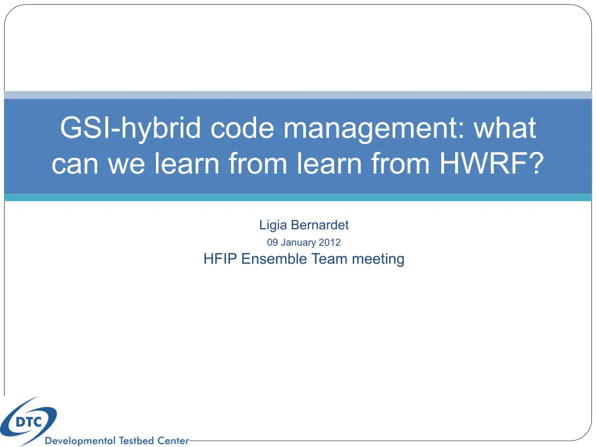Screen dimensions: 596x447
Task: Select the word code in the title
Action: point(242,127)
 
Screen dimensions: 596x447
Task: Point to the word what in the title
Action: point(505,127)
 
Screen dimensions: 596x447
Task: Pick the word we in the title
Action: point(126,164)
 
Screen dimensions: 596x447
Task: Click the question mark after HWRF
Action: point(536,163)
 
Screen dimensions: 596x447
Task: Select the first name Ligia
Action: point(273,225)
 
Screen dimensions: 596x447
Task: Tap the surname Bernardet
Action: point(320,225)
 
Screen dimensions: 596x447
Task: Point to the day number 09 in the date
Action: point(272,243)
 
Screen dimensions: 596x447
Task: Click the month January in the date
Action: point(298,243)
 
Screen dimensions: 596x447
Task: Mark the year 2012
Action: point(329,243)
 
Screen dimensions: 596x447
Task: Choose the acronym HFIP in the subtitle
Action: point(220,259)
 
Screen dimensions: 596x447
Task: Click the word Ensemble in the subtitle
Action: point(274,259)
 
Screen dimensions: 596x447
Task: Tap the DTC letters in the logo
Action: point(29,422)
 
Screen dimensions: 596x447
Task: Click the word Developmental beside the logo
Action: point(80,441)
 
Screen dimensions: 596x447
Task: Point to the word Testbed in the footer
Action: point(136,441)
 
